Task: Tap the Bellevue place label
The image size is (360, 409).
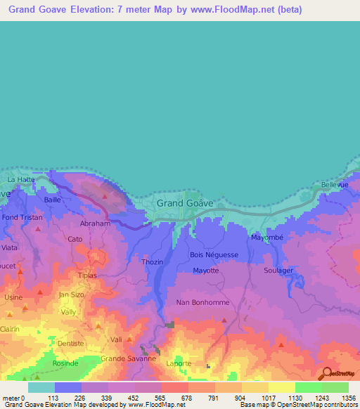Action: [x=334, y=185]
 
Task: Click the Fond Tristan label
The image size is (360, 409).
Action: [x=21, y=218]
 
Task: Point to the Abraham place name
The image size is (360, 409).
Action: [x=96, y=223]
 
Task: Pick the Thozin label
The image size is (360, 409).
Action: [x=152, y=262]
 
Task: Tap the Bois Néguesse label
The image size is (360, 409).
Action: [x=214, y=254]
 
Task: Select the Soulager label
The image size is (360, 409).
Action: [x=278, y=270]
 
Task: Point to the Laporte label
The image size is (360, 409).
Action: [x=178, y=363]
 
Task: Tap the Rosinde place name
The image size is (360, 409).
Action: [x=65, y=363]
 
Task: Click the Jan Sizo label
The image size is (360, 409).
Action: [x=72, y=294]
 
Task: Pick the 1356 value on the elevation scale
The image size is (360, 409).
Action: [x=347, y=398]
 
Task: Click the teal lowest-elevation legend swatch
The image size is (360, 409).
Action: [x=41, y=387]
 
